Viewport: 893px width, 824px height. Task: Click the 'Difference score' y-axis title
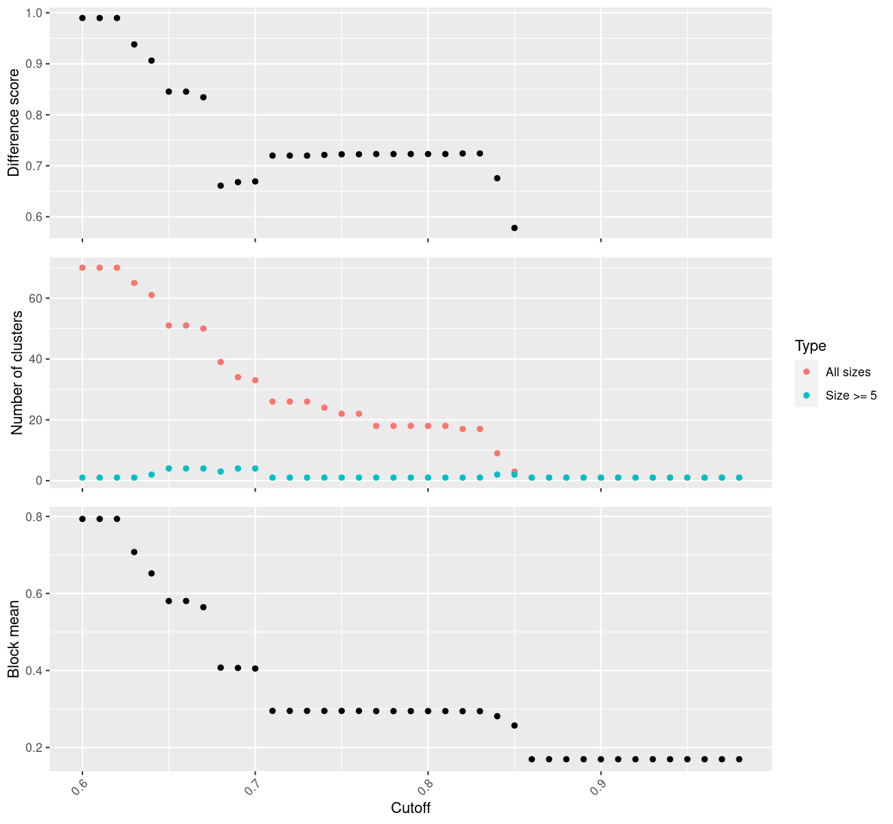click(x=14, y=123)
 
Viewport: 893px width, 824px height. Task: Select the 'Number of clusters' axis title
click(x=17, y=372)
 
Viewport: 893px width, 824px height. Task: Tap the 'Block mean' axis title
click(x=14, y=639)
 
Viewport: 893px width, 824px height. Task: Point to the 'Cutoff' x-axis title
click(x=410, y=808)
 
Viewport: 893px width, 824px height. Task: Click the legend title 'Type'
click(x=810, y=345)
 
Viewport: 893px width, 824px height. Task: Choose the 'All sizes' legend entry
click(x=848, y=372)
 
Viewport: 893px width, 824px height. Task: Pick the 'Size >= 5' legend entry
click(x=851, y=396)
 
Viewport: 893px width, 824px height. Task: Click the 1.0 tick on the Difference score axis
click(x=34, y=13)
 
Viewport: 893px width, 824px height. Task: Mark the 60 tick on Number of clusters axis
click(x=36, y=298)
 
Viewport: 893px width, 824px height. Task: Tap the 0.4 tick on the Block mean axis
click(x=34, y=670)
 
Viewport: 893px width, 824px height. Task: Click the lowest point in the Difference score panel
click(x=515, y=227)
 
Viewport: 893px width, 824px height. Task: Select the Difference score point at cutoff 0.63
click(x=134, y=44)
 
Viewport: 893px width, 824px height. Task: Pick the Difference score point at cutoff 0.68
click(x=221, y=185)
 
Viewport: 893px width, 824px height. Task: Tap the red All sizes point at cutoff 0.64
click(x=151, y=295)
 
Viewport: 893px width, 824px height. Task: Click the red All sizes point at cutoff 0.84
click(x=497, y=453)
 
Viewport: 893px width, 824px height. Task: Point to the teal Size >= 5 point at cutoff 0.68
click(x=221, y=472)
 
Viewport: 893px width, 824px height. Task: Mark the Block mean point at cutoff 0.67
click(x=203, y=607)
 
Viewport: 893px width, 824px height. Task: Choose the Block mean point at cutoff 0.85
click(x=515, y=725)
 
